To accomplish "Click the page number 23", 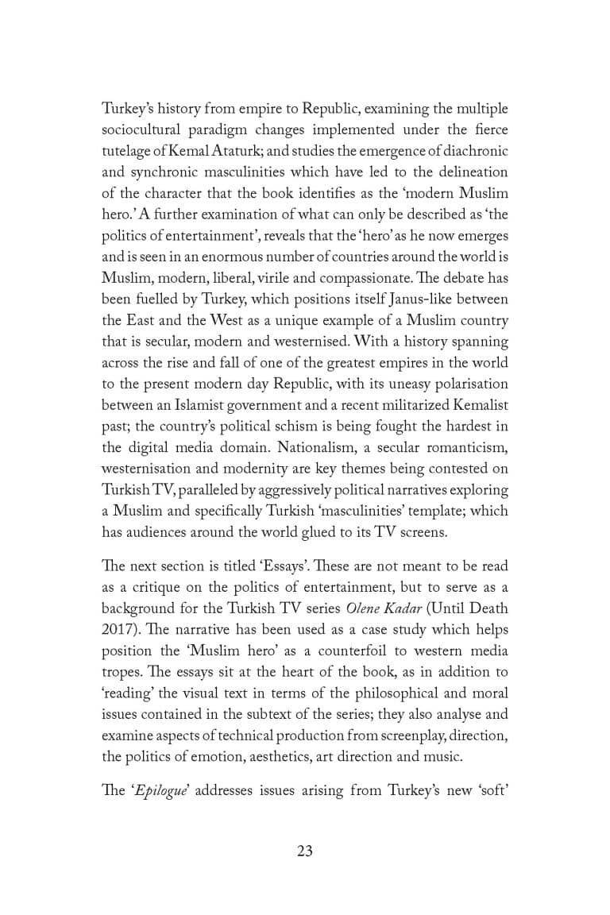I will coord(305,851).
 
